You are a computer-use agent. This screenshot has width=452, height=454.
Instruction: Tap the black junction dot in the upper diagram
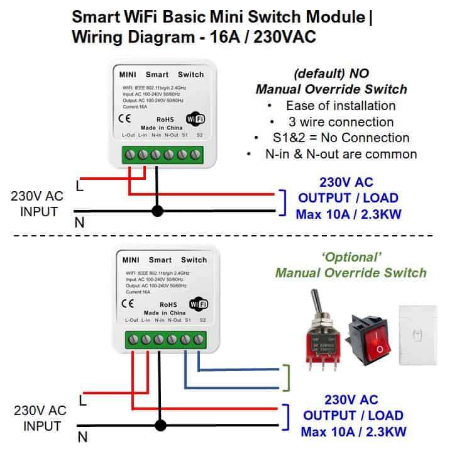(157, 211)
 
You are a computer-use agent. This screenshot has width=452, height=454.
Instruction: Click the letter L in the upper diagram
(80, 187)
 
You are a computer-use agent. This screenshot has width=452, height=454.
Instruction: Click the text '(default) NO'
(331, 72)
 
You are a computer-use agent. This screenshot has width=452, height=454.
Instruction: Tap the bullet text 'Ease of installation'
(340, 106)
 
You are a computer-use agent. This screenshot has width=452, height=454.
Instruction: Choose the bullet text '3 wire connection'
(339, 121)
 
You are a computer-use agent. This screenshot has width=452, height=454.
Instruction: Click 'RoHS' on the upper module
(165, 119)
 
